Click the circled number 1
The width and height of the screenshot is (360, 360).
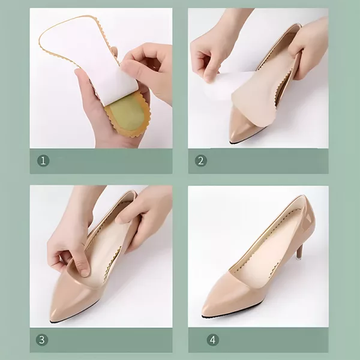click(x=43, y=160)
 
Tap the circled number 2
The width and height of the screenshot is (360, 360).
click(x=201, y=160)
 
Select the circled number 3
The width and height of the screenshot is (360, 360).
click(x=42, y=340)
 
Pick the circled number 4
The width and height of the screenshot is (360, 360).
click(x=212, y=340)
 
